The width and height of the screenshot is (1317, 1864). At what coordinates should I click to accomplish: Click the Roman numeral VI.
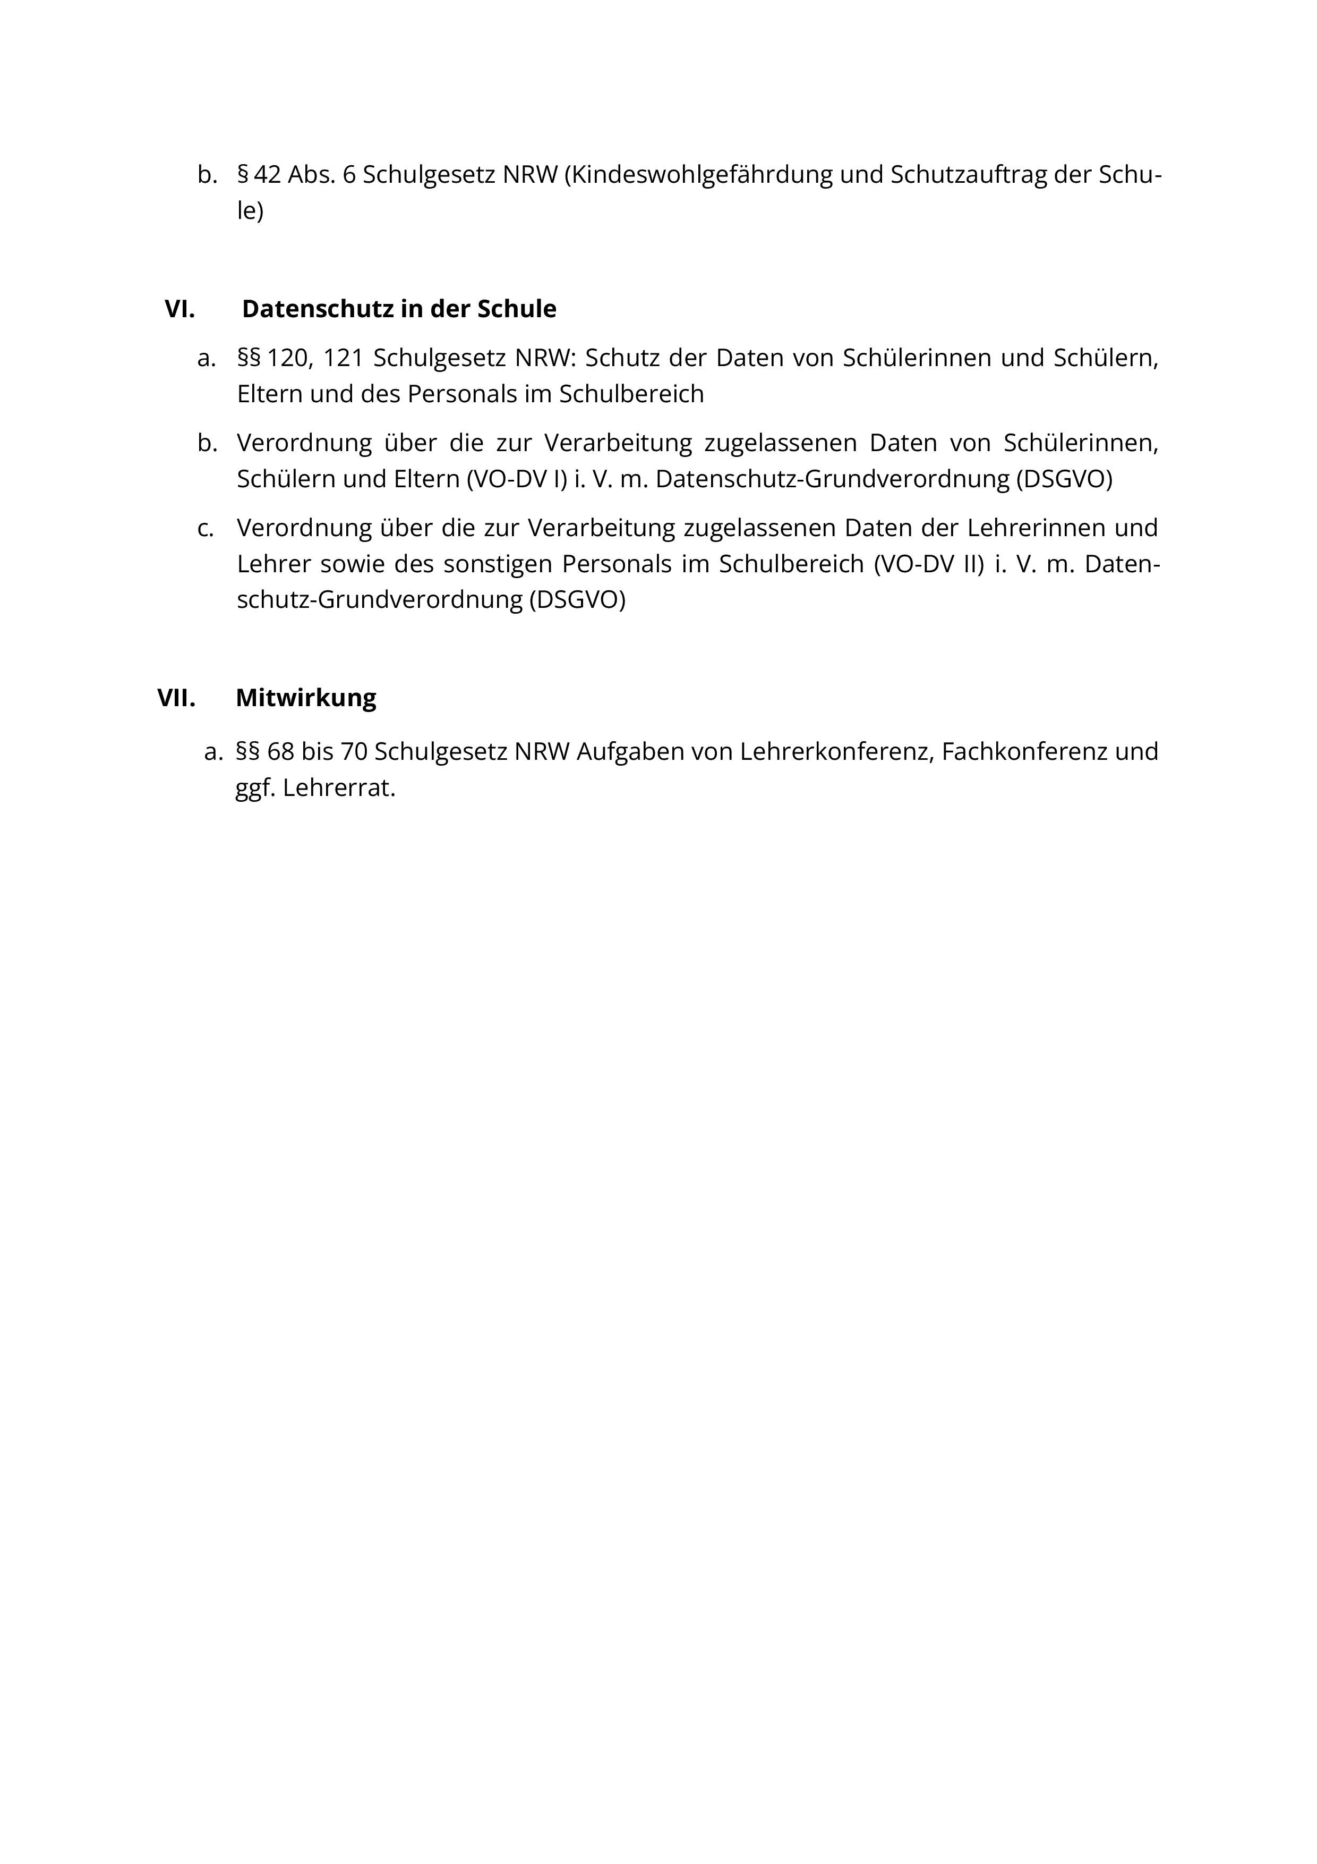[179, 309]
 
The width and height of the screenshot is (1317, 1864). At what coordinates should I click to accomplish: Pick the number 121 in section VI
[343, 358]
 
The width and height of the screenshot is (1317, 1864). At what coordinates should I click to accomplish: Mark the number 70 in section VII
[354, 752]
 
